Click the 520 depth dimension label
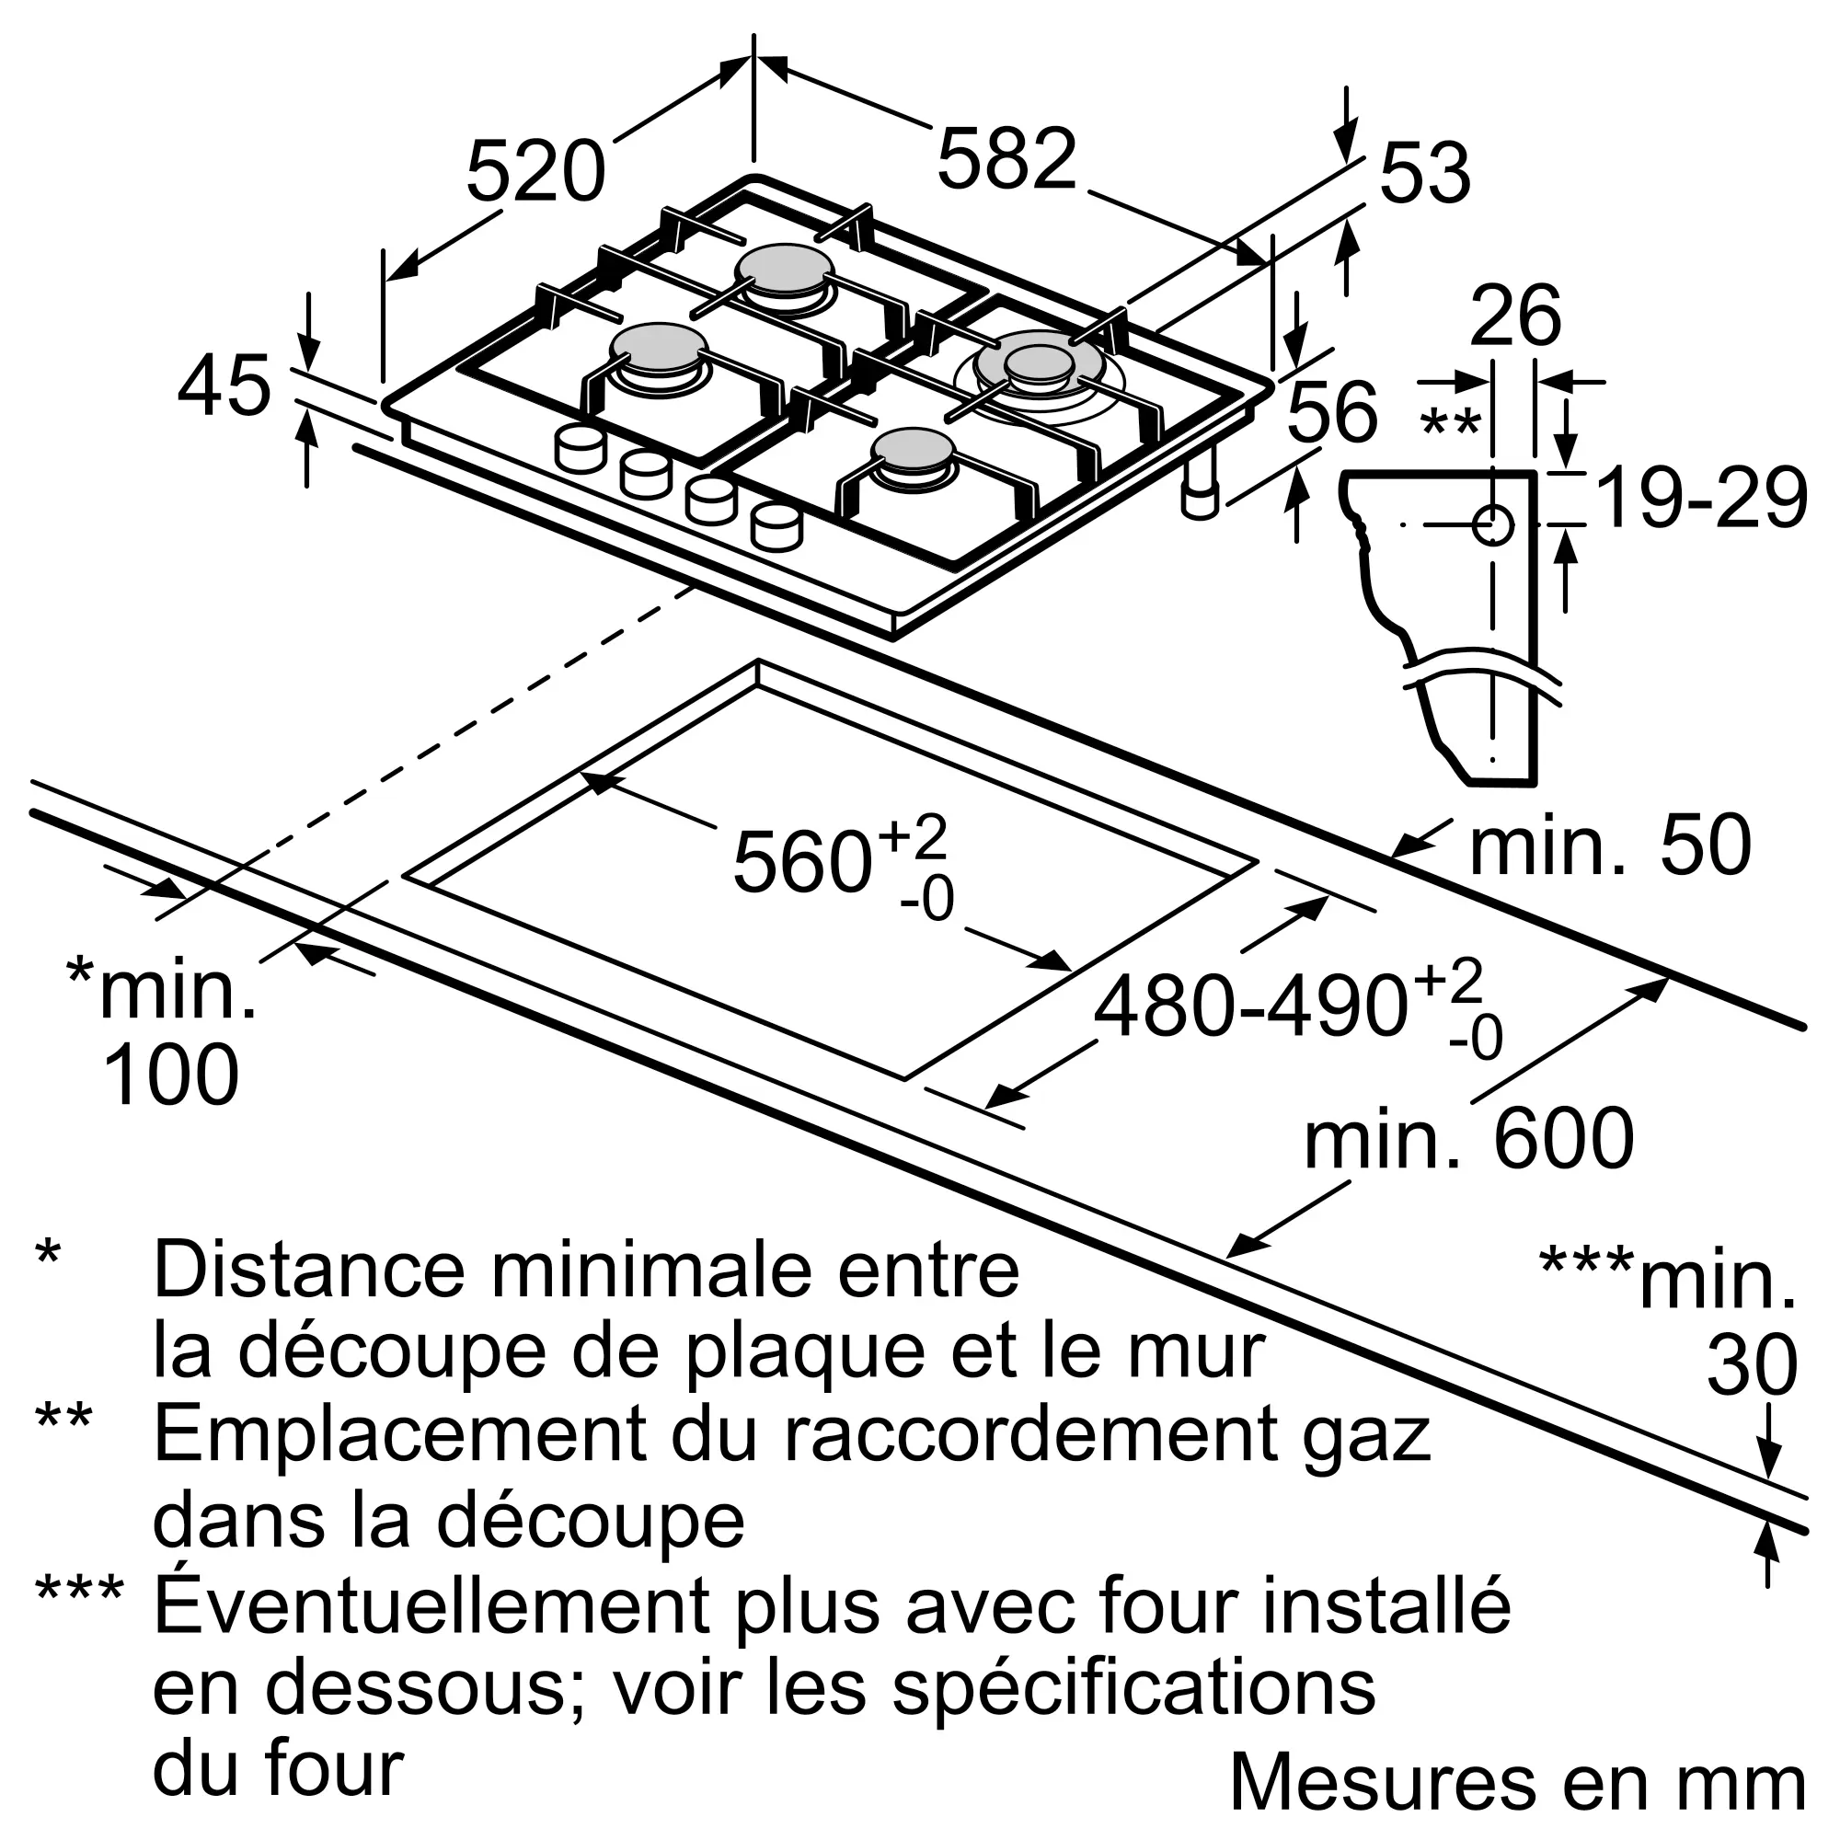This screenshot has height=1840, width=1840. (x=535, y=171)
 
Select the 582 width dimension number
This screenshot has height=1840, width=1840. (x=1006, y=158)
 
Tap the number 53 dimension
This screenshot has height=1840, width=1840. (x=1425, y=172)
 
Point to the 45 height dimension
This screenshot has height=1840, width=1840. (x=224, y=385)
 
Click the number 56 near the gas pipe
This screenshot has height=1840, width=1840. (x=1332, y=410)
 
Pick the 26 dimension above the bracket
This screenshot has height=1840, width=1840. (x=1515, y=316)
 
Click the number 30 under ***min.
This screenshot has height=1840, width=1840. (x=1752, y=1364)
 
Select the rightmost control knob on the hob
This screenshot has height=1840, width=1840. (x=776, y=526)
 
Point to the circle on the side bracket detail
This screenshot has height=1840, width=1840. (x=1493, y=525)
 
